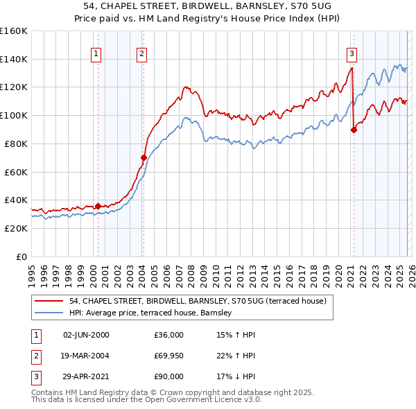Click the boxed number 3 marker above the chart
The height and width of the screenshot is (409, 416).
point(352,53)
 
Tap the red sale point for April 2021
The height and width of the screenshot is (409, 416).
point(354,129)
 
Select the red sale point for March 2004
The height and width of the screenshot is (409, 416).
point(144,157)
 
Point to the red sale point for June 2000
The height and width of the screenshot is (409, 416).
point(98,205)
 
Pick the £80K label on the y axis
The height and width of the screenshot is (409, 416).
point(16,143)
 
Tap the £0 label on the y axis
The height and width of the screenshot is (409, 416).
point(20,256)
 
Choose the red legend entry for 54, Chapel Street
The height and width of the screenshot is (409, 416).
point(182,301)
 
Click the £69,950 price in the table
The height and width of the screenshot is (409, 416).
point(169,356)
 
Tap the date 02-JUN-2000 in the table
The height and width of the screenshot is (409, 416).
point(86,335)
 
